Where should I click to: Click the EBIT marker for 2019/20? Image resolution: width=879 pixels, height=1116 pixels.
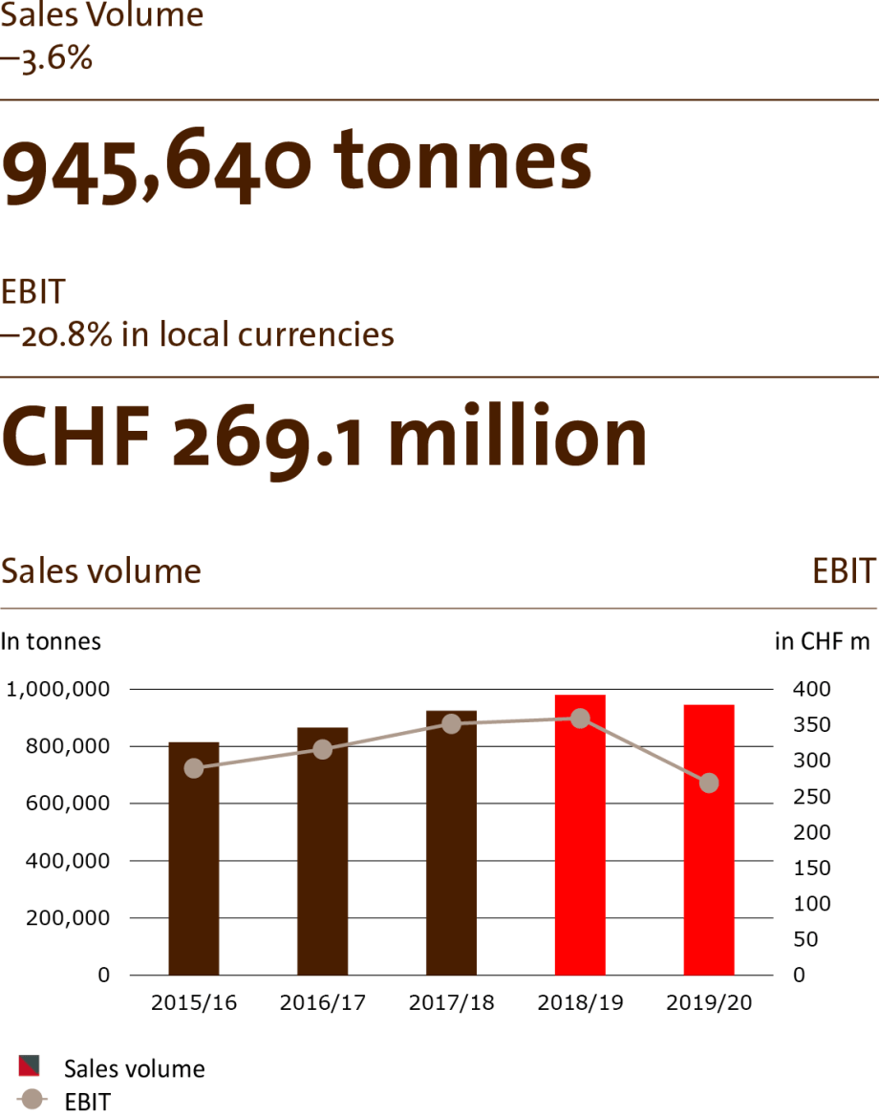pos(709,783)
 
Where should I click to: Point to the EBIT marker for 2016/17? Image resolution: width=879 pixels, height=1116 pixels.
pos(323,750)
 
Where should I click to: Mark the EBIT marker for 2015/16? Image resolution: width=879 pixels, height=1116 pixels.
pos(194,768)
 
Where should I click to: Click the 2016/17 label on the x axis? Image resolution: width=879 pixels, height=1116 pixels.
pos(323,1003)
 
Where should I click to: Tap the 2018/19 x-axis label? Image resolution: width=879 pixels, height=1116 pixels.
pos(580,1003)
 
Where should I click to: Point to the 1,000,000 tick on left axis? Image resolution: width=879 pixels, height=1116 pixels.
pos(58,689)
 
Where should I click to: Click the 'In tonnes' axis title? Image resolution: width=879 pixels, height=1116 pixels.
pos(51,641)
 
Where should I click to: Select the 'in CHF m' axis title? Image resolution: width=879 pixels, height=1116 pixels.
pos(822,641)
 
